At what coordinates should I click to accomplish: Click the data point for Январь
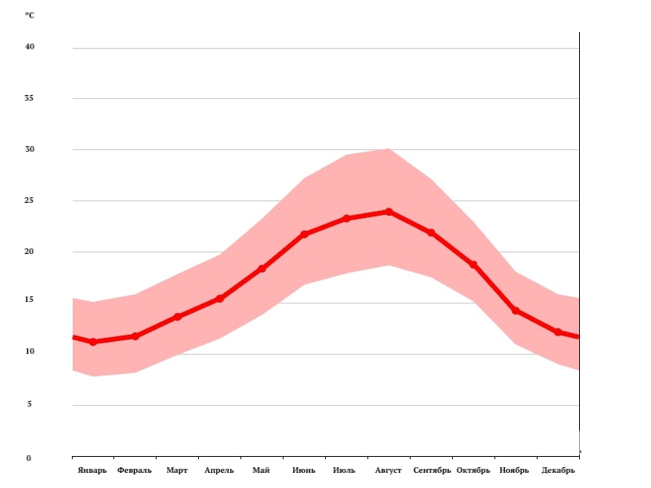[x=93, y=342]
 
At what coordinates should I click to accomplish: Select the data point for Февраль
[x=135, y=336]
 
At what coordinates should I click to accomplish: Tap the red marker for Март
[x=177, y=317]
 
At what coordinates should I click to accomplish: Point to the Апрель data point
[x=220, y=299]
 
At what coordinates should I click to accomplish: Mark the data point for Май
[x=262, y=268]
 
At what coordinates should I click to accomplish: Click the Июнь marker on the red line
[x=304, y=234]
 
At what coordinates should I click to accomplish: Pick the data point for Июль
[x=347, y=218]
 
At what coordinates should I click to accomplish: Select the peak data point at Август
[x=389, y=212]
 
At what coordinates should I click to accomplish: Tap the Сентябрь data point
[x=431, y=232]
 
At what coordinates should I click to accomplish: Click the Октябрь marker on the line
[x=473, y=264]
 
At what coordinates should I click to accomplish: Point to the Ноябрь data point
[x=515, y=310]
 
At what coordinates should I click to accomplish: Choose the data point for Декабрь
[x=558, y=331]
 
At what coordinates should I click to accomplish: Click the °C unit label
[x=30, y=15]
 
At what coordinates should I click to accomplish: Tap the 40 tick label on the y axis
[x=30, y=47]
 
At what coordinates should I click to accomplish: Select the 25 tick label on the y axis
[x=30, y=200]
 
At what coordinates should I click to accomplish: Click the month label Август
[x=389, y=470]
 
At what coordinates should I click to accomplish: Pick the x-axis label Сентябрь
[x=432, y=470]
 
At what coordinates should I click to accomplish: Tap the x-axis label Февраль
[x=134, y=470]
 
